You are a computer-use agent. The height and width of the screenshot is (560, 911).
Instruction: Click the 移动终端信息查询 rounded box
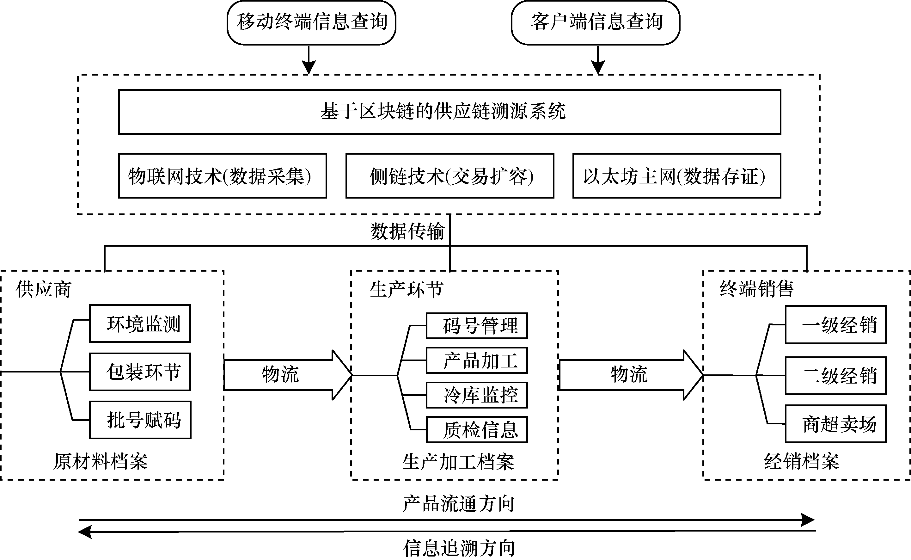tap(311, 22)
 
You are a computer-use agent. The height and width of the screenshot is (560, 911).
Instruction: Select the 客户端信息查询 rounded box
tap(595, 22)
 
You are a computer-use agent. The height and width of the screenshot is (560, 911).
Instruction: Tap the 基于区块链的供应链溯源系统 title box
tap(449, 112)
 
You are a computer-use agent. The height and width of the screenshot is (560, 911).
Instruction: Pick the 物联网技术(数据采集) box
tap(223, 176)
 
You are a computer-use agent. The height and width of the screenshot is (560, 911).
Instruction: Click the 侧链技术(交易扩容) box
tap(450, 176)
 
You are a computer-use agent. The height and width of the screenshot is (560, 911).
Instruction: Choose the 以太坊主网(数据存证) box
tap(677, 176)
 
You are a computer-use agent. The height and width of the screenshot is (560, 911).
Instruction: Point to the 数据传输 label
tap(407, 231)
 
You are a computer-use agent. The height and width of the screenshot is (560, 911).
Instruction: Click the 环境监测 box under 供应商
tap(140, 324)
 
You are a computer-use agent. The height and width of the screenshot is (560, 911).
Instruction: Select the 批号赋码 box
tap(140, 420)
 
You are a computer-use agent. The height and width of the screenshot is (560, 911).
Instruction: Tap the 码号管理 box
tap(477, 326)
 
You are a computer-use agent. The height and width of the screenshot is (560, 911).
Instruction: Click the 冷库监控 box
tap(477, 395)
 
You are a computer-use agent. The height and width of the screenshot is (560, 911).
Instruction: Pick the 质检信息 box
tap(477, 430)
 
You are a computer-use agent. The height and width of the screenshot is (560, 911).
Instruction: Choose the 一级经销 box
tap(835, 325)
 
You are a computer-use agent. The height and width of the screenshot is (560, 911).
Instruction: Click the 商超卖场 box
tap(835, 424)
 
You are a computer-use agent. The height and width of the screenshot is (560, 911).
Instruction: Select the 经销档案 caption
tap(801, 461)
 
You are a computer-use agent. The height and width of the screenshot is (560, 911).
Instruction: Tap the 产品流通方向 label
tap(459, 504)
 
